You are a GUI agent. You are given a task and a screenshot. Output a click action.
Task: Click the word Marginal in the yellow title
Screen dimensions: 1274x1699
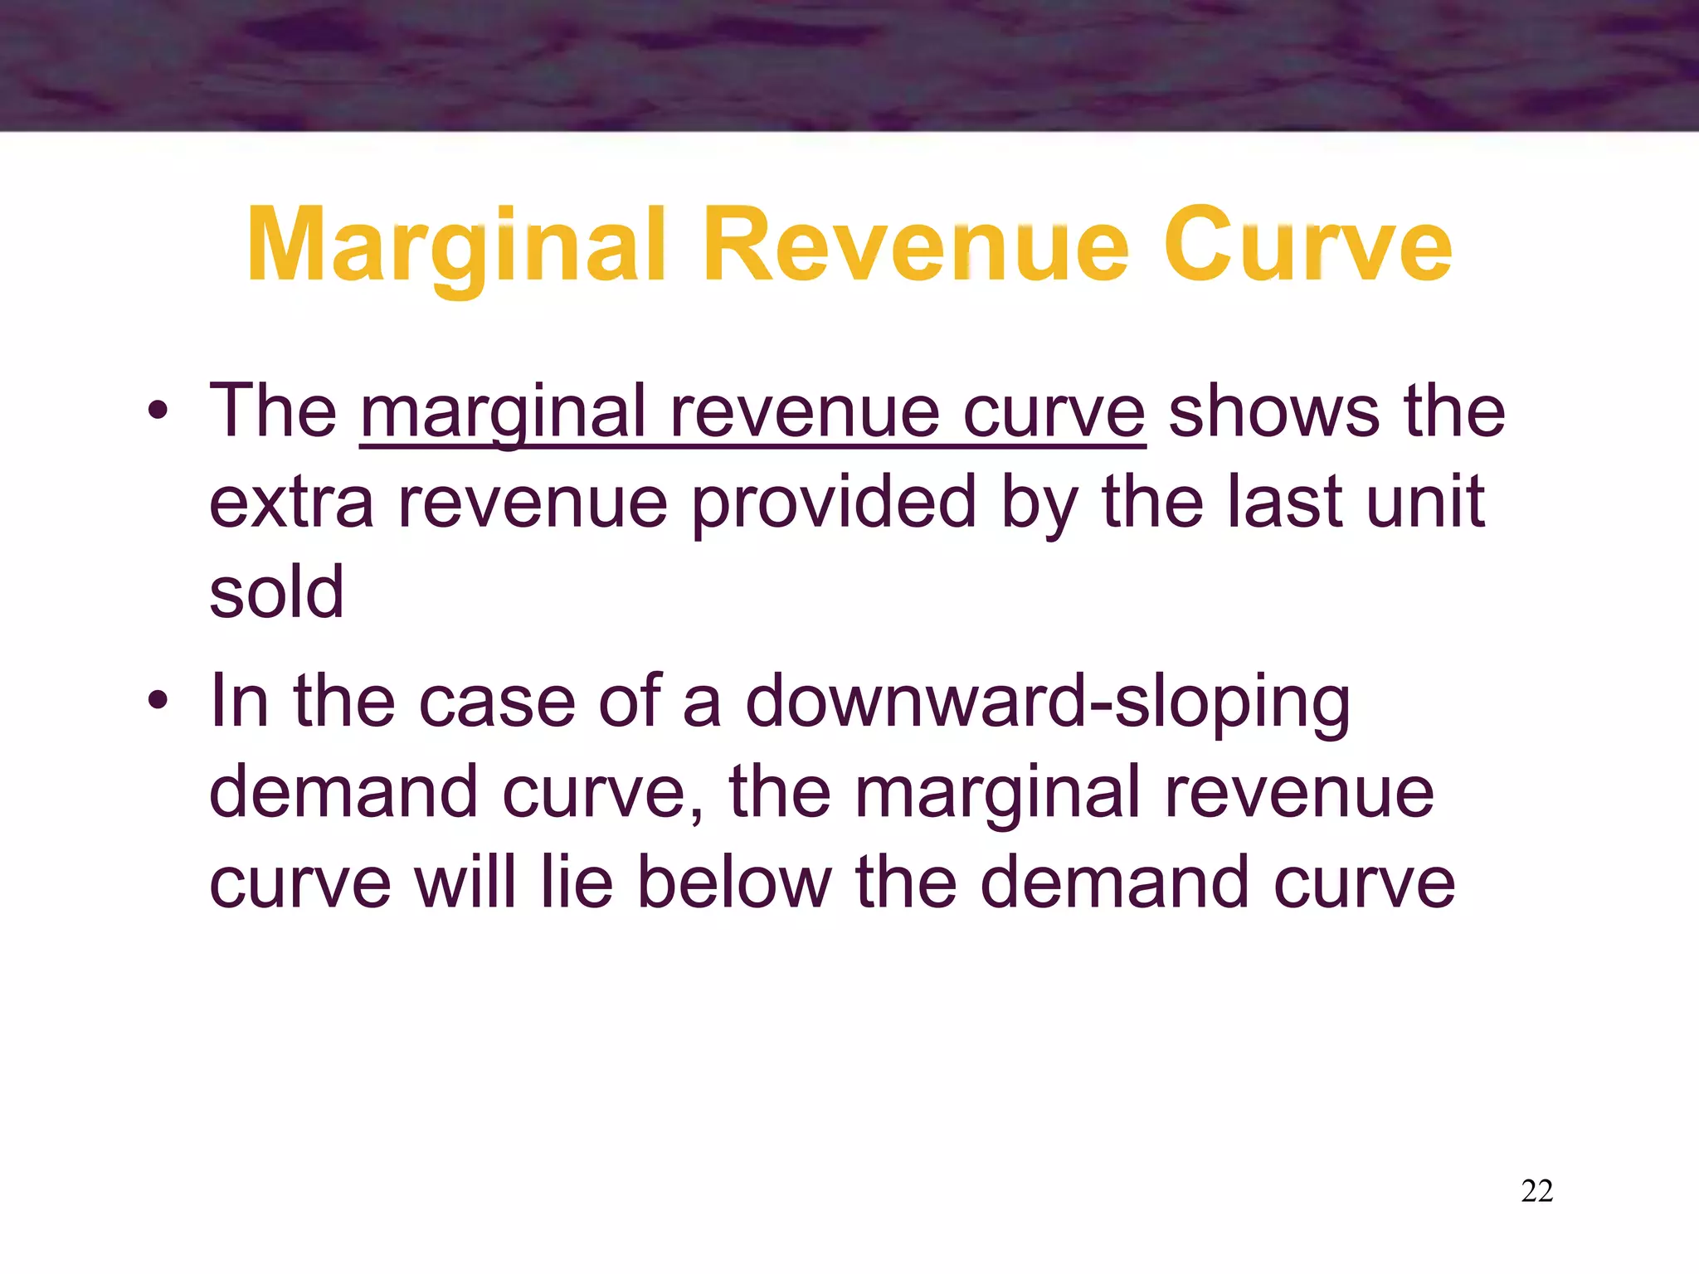point(456,246)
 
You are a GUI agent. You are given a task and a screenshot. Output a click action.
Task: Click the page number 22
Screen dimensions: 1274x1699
point(1537,1191)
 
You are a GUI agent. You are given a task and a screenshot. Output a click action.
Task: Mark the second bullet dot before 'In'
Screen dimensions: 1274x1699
point(158,701)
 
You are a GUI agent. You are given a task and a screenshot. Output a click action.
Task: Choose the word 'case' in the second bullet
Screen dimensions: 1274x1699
point(496,702)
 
